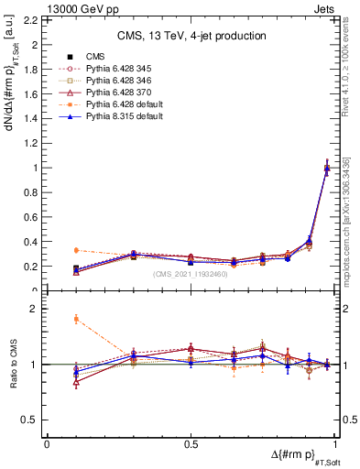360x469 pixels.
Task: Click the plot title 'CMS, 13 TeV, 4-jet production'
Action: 191,36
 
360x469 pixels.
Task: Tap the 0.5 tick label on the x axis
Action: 191,444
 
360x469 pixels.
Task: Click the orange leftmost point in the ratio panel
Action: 76,319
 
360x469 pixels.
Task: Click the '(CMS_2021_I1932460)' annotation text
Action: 191,275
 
